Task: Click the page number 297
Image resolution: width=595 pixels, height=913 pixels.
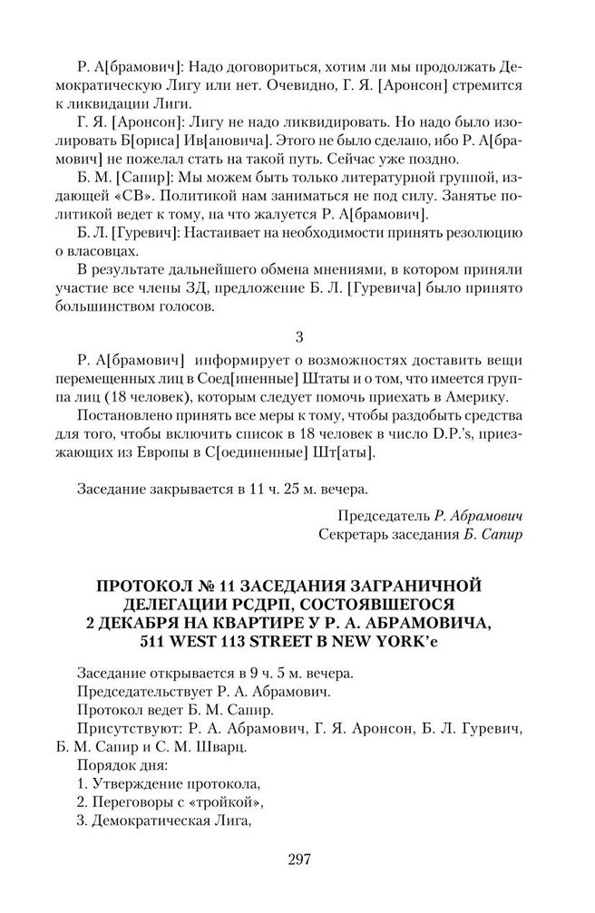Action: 297,860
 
